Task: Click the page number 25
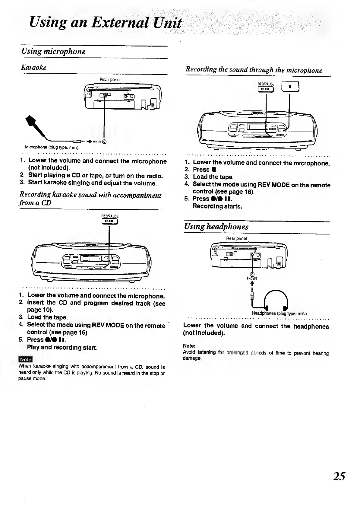pyautogui.click(x=339, y=476)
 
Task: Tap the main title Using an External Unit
pyautogui.click(x=106, y=23)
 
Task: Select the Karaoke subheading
pyautogui.click(x=34, y=67)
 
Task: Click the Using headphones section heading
pyautogui.click(x=216, y=227)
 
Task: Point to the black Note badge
pyautogui.click(x=26, y=359)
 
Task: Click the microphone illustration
pyautogui.click(x=38, y=128)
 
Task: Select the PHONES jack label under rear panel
pyautogui.click(x=252, y=279)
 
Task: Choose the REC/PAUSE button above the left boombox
pyautogui.click(x=110, y=221)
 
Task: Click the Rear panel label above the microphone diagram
pyautogui.click(x=110, y=80)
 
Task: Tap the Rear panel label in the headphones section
pyautogui.click(x=237, y=238)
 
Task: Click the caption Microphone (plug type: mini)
pyautogui.click(x=52, y=148)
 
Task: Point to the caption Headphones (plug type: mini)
pyautogui.click(x=279, y=313)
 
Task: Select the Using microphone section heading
pyautogui.click(x=53, y=51)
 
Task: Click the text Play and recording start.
pyautogui.click(x=62, y=347)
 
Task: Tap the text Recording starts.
pyautogui.click(x=218, y=206)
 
